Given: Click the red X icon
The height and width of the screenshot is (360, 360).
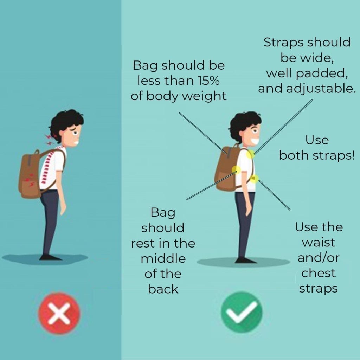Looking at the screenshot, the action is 59,313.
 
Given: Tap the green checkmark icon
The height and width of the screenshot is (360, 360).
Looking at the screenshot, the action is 242,312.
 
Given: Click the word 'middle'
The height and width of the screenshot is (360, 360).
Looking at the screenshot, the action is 163,258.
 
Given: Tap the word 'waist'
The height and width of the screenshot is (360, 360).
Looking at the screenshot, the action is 319,243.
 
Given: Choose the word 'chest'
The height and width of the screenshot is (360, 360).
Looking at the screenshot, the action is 319,273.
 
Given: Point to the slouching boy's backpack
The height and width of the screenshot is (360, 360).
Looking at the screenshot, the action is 30,174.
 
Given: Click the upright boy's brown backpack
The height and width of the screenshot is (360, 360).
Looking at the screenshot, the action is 226,169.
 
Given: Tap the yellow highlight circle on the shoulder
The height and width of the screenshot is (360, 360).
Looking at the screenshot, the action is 250,154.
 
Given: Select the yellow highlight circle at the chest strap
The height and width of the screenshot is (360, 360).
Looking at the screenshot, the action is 254,179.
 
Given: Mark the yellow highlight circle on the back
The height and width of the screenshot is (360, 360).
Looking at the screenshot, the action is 236,170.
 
